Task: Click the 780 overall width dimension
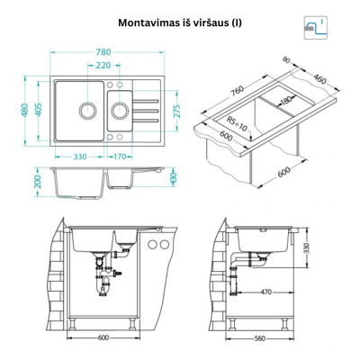tap(103, 52)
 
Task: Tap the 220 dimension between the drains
tap(103, 65)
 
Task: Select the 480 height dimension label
tap(25, 110)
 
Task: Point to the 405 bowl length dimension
tap(39, 110)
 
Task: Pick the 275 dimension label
tap(177, 111)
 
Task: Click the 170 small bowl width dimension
tap(120, 157)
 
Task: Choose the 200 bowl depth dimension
tap(38, 182)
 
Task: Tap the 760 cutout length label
tap(238, 92)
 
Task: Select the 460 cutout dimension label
tap(319, 78)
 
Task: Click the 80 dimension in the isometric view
tap(286, 60)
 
